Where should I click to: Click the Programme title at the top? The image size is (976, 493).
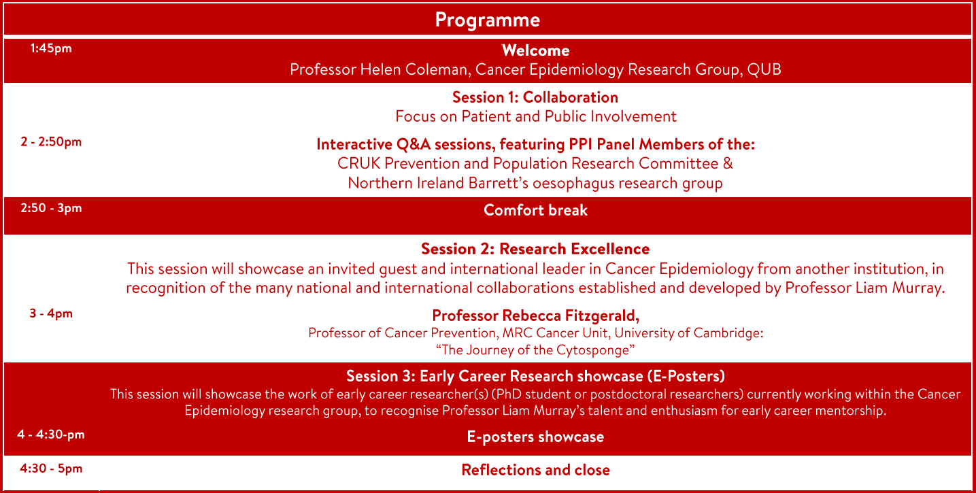(x=488, y=20)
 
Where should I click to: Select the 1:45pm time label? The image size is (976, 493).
(x=51, y=48)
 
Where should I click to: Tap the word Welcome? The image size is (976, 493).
(x=535, y=50)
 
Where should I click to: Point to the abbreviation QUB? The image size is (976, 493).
(x=764, y=69)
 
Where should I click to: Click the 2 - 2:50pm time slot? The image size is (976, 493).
(x=51, y=142)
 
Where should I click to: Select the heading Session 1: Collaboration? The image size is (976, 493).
(x=535, y=97)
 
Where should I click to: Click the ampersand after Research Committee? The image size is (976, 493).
(x=728, y=164)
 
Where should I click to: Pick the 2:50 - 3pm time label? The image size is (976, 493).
(x=51, y=208)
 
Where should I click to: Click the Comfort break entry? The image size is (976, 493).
(x=535, y=210)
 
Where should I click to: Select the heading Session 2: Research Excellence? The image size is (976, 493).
(x=535, y=249)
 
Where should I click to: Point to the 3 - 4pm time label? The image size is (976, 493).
(x=51, y=313)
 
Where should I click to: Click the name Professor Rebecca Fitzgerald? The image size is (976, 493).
(x=535, y=316)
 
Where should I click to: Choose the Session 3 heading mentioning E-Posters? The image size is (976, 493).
(x=535, y=376)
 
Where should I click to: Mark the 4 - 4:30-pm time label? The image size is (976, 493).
(x=51, y=435)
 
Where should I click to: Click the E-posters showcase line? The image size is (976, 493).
(x=535, y=437)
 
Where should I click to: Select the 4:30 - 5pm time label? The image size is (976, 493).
(x=51, y=469)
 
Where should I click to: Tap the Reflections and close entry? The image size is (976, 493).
(x=535, y=471)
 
